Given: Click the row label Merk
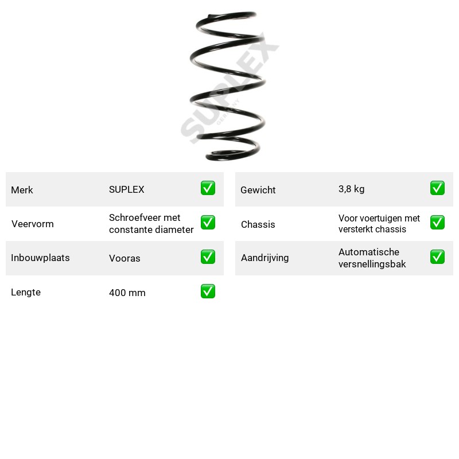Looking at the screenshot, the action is pyautogui.click(x=22, y=190).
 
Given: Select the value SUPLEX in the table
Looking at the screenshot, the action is pyautogui.click(x=126, y=189).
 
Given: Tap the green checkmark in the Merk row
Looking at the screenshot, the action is pyautogui.click(x=208, y=188).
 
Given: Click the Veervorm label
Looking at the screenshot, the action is pyautogui.click(x=33, y=224).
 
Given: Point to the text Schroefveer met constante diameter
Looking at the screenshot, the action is pyautogui.click(x=151, y=224).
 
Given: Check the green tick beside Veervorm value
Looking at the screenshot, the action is pyautogui.click(x=208, y=222).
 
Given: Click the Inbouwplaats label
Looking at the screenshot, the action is pyautogui.click(x=40, y=258).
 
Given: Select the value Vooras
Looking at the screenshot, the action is pyautogui.click(x=125, y=258).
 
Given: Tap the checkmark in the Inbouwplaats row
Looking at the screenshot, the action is pyautogui.click(x=208, y=256).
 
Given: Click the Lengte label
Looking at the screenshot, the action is pyautogui.click(x=26, y=292).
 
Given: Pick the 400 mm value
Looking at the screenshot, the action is pyautogui.click(x=127, y=293).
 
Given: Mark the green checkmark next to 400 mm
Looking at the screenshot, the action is pyautogui.click(x=208, y=291).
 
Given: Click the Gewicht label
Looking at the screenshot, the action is pyautogui.click(x=258, y=190).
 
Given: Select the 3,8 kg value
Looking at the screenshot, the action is pyautogui.click(x=351, y=189).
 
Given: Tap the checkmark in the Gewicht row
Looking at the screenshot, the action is pyautogui.click(x=437, y=188).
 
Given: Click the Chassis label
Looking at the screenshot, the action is pyautogui.click(x=258, y=224).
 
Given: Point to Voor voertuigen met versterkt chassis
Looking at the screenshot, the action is pyautogui.click(x=379, y=224).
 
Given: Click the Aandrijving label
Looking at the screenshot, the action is pyautogui.click(x=264, y=258).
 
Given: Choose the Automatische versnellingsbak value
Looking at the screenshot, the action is pyautogui.click(x=372, y=258).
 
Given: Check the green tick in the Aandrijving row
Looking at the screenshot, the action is pyautogui.click(x=437, y=256).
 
